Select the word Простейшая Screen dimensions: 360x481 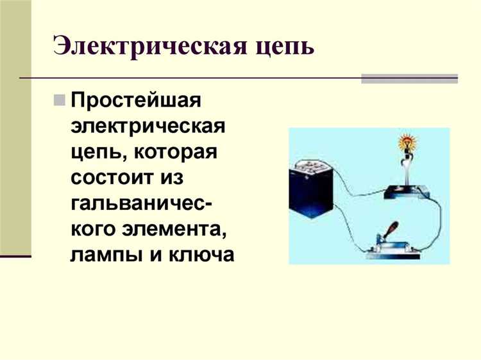tap(137, 101)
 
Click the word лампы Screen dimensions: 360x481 tap(103, 255)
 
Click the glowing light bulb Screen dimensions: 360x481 tap(406, 142)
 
